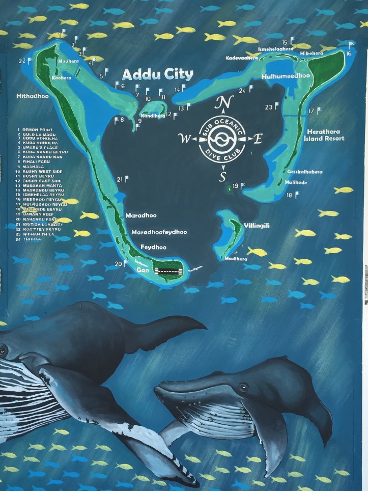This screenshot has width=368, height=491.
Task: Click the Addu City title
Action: click(x=158, y=75)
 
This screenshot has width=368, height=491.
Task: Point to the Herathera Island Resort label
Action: click(x=324, y=133)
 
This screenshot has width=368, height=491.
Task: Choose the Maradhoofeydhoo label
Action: click(x=159, y=232)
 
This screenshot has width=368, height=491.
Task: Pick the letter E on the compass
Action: click(x=258, y=139)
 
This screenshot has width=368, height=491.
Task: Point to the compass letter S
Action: click(x=222, y=177)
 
